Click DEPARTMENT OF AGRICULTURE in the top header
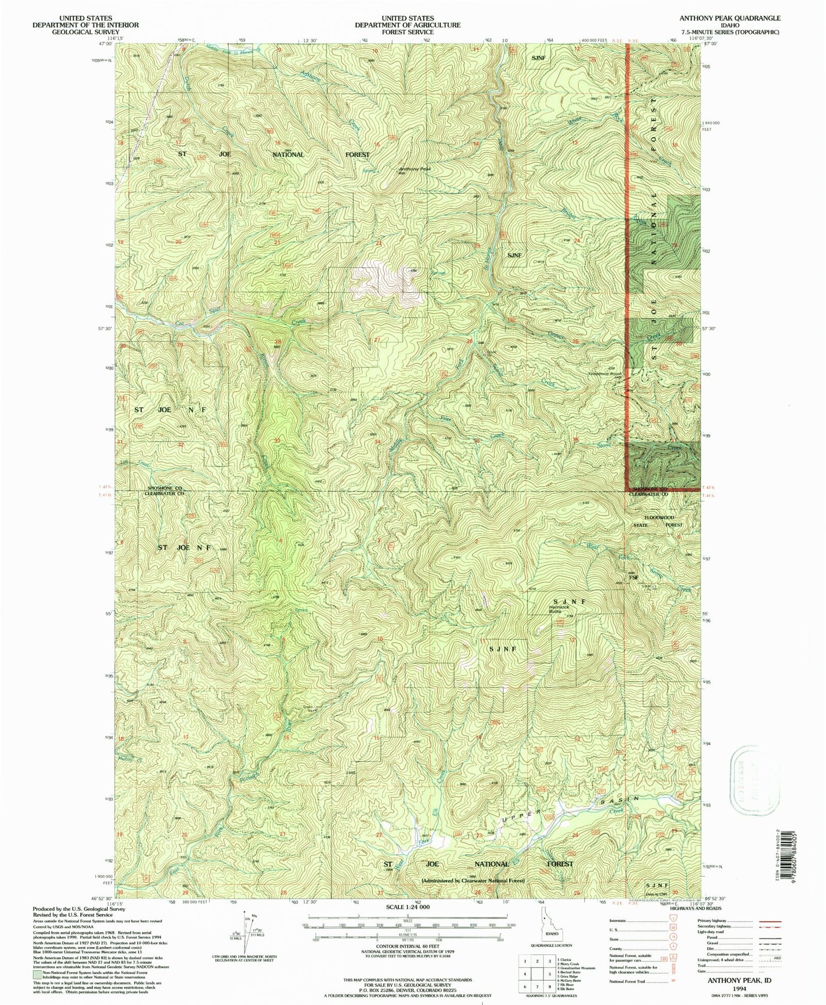407,25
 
